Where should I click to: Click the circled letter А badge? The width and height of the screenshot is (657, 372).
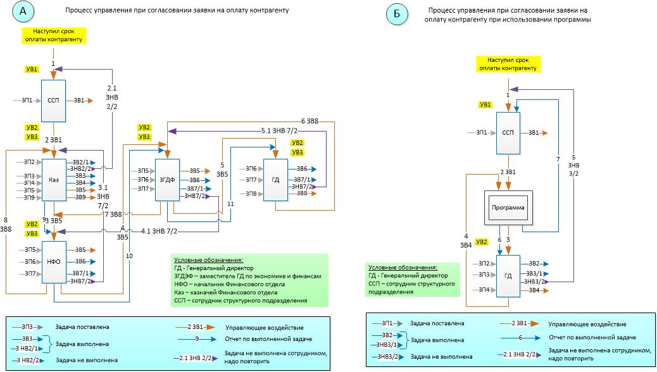(23, 12)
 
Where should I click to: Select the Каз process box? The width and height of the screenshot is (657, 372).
(54, 180)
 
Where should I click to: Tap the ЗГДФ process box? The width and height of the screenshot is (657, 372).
(166, 180)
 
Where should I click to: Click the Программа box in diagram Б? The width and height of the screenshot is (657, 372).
(508, 208)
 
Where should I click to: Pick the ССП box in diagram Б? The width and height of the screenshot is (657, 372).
(508, 132)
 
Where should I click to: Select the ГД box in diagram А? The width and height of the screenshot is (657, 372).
(275, 180)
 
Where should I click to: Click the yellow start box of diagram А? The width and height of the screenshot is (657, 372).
(53, 34)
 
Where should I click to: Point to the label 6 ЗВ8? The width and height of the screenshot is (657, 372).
(310, 120)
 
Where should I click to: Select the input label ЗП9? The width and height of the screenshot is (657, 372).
(29, 198)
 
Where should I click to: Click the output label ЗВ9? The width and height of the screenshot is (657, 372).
(80, 197)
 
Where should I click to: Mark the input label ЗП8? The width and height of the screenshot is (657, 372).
(251, 194)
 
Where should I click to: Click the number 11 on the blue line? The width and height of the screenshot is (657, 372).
(230, 204)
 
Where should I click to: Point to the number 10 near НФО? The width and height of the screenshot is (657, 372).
(129, 256)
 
